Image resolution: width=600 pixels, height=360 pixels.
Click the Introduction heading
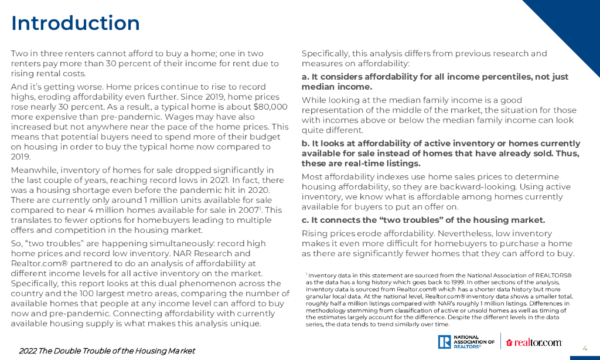coord(76,23)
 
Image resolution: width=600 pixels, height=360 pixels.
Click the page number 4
coord(584,347)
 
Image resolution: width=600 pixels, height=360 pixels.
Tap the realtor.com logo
coord(534,342)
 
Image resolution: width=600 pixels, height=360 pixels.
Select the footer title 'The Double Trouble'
coord(107,351)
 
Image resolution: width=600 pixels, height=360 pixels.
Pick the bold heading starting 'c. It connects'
coord(423,220)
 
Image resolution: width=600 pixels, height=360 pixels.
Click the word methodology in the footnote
coord(324,310)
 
